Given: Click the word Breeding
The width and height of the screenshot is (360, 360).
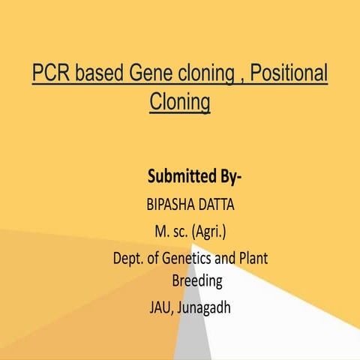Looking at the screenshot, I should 197,282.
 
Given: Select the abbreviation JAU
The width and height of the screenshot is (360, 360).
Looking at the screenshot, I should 160,309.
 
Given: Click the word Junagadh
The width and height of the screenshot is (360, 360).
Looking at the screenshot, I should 205,309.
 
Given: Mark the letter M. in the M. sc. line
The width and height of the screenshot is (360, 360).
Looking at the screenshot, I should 158,231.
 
